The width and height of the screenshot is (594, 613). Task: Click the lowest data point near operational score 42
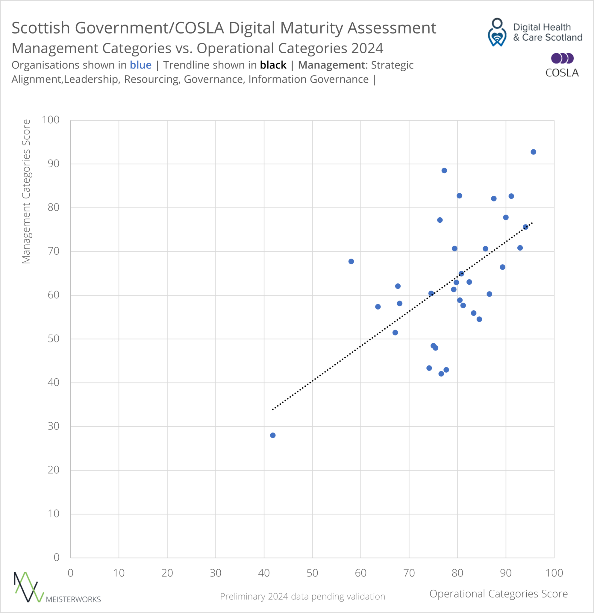click(272, 435)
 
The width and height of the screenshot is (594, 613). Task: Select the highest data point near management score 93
click(533, 152)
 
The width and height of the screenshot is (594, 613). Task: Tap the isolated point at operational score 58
click(351, 262)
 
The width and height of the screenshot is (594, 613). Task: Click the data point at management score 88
click(444, 170)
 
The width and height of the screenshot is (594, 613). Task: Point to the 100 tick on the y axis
click(51, 120)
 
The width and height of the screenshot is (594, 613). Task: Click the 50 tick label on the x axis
click(312, 573)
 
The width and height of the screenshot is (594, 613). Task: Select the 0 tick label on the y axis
click(56, 557)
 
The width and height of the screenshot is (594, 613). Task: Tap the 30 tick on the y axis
click(53, 426)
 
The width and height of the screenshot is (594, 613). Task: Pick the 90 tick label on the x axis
click(505, 573)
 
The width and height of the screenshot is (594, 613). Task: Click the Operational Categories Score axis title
click(498, 594)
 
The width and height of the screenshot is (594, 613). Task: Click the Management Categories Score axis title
click(26, 191)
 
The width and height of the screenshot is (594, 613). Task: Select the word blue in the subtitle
click(140, 65)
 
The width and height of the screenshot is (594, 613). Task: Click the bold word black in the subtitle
click(273, 65)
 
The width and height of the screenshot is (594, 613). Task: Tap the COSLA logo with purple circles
click(562, 65)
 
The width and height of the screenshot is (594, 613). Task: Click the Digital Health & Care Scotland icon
click(497, 32)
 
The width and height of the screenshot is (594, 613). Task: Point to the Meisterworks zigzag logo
click(28, 587)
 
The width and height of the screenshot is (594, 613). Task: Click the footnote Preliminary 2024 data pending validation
click(302, 597)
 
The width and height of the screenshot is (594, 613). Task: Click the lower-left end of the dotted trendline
click(273, 409)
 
